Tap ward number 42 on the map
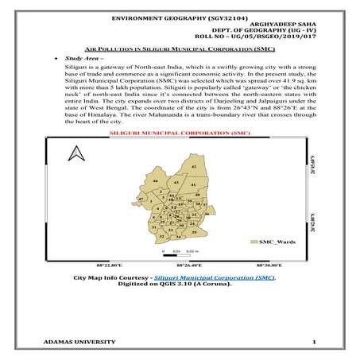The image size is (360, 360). pyautogui.click(x=194, y=167)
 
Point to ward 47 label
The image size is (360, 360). pyautogui.click(x=140, y=200)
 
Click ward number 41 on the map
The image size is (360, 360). pyautogui.click(x=195, y=184)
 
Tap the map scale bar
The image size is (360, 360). pyautogui.click(x=174, y=249)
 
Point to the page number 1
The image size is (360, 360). pyautogui.click(x=315, y=342)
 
